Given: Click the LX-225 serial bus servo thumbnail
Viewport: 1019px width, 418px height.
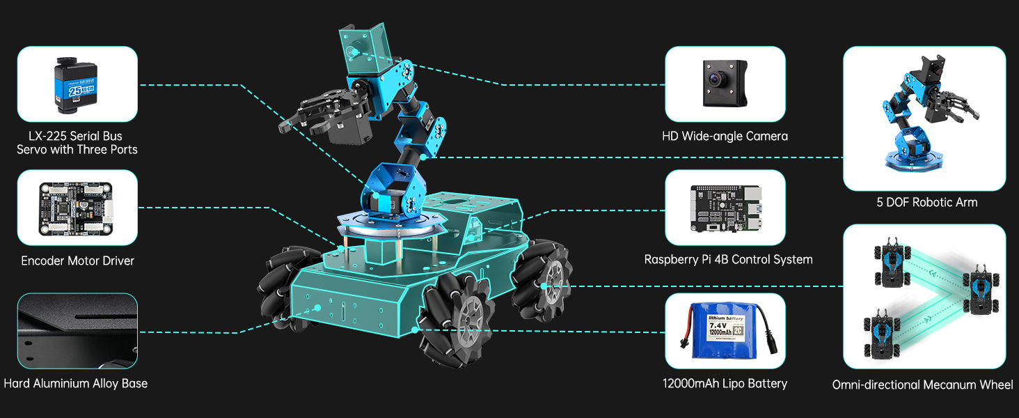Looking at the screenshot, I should [77, 84].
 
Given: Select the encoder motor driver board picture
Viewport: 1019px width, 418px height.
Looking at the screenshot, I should [77, 208].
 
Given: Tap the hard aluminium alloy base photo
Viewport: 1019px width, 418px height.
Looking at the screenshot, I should [77, 331].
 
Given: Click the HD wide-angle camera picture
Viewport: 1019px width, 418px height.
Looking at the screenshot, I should [725, 84].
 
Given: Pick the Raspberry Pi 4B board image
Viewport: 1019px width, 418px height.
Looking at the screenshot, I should [725, 208].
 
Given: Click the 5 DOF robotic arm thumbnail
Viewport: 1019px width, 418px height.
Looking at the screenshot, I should [924, 118].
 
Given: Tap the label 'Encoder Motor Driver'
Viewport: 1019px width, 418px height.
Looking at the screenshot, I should [77, 261].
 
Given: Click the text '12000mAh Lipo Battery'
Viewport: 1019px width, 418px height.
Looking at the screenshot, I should [725, 384].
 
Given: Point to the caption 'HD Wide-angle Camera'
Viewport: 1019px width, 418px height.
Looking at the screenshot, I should [725, 137].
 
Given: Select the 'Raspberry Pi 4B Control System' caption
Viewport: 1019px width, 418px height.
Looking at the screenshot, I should [728, 260].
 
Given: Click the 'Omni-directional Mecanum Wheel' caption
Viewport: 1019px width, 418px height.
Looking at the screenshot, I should [922, 385].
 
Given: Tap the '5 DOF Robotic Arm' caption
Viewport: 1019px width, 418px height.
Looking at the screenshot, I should [926, 203].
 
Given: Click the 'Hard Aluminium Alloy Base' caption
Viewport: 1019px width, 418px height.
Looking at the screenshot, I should [75, 384].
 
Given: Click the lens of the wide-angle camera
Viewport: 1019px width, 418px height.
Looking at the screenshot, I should [713, 78].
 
